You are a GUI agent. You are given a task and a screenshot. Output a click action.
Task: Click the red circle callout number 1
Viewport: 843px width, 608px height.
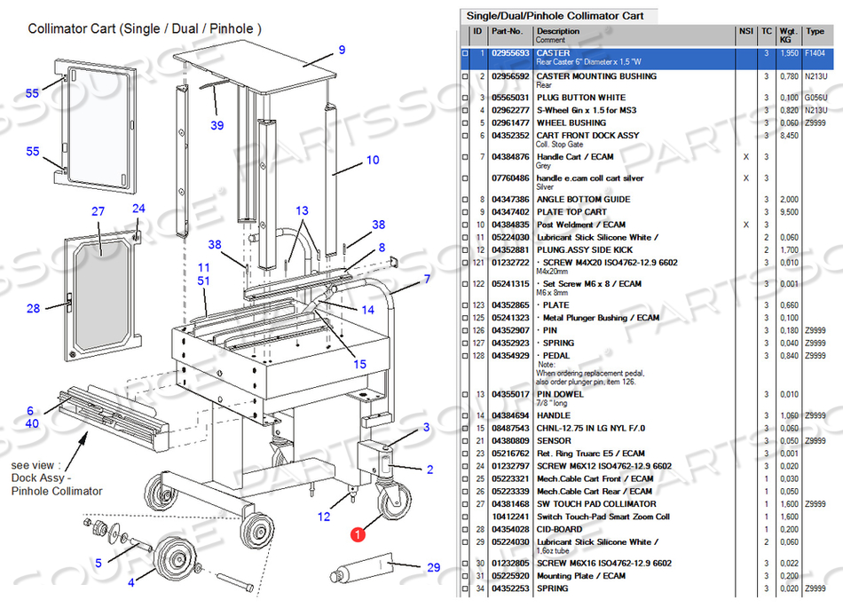pyautogui.click(x=357, y=534)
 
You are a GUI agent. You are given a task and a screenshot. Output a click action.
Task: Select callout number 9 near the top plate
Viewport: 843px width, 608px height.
pyautogui.click(x=342, y=50)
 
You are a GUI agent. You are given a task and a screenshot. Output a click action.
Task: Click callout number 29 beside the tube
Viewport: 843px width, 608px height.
pyautogui.click(x=433, y=567)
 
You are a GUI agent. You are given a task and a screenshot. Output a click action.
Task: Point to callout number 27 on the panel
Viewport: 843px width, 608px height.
pyautogui.click(x=98, y=211)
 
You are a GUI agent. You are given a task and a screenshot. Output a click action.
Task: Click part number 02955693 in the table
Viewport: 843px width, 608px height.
pyautogui.click(x=510, y=53)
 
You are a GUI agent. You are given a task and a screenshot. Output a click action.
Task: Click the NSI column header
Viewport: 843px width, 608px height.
pyautogui.click(x=745, y=32)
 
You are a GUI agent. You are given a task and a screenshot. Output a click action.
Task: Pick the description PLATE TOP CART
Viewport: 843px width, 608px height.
pyautogui.click(x=571, y=212)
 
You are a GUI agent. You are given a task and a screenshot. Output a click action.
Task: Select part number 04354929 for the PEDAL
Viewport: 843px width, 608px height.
pyautogui.click(x=510, y=356)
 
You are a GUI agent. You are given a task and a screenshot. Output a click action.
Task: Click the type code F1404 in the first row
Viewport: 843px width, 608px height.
pyautogui.click(x=814, y=53)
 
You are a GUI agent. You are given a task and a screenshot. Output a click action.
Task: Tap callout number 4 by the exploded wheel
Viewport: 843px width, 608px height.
pyautogui.click(x=131, y=582)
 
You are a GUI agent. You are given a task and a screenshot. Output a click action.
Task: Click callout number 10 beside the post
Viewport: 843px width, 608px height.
pyautogui.click(x=373, y=161)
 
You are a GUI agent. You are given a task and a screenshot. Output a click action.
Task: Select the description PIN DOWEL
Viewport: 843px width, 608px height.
pyautogui.click(x=560, y=394)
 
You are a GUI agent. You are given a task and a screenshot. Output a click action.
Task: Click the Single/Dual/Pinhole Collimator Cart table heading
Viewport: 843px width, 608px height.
pyautogui.click(x=555, y=16)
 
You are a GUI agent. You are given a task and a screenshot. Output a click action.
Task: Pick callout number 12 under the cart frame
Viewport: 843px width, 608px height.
pyautogui.click(x=325, y=517)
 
